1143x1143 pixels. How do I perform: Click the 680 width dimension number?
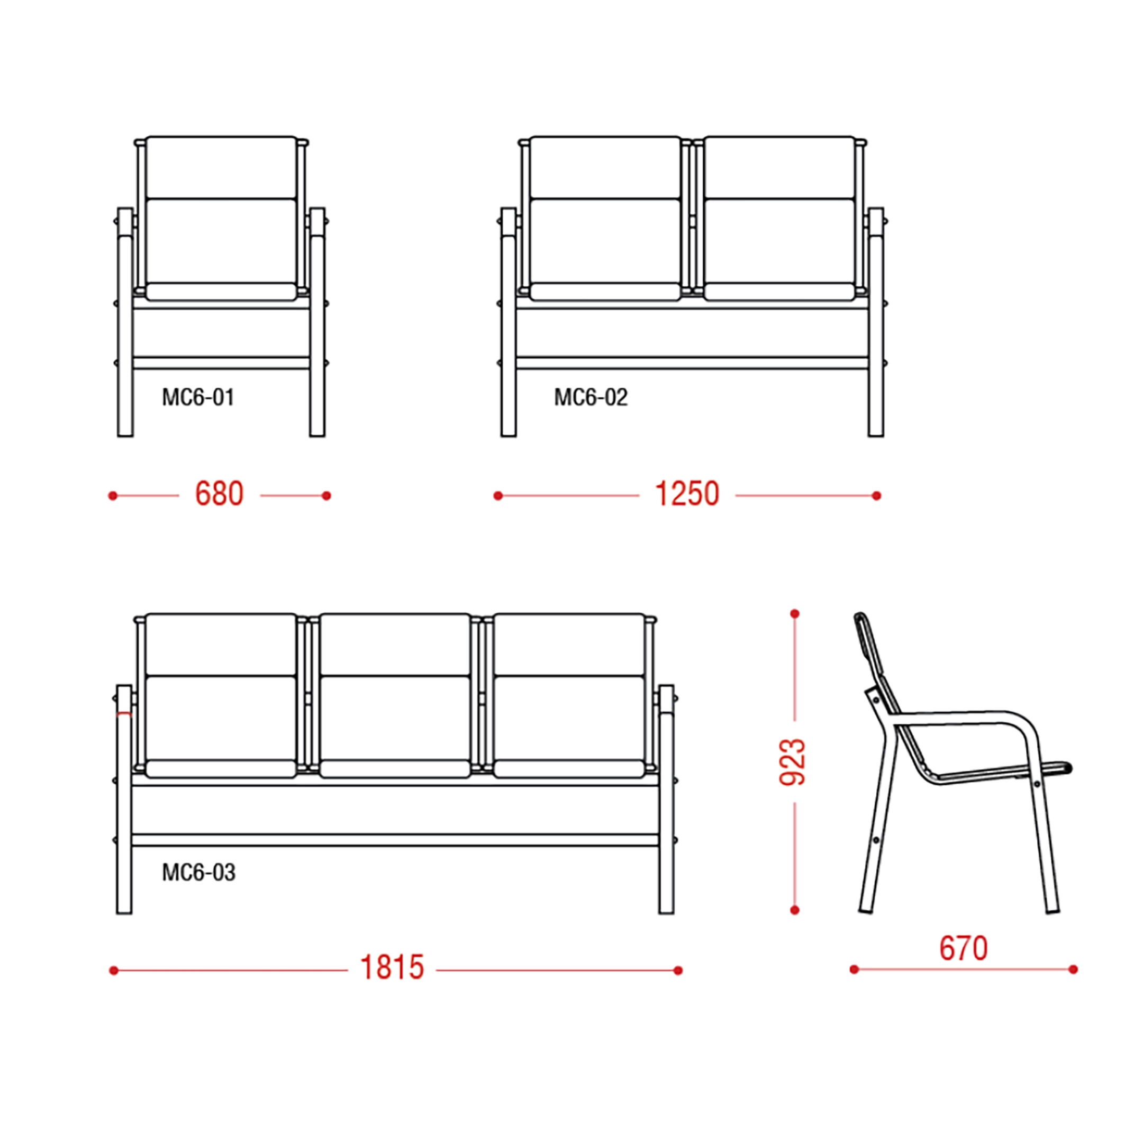220,494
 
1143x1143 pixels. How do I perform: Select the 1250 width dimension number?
687,494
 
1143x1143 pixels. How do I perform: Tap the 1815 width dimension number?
392,968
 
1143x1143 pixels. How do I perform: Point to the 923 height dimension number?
793,761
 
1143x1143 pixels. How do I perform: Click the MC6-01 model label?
198,397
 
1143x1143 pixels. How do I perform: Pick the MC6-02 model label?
591,397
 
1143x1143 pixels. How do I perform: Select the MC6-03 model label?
199,872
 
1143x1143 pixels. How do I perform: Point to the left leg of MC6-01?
125,322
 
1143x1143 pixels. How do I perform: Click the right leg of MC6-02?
876,322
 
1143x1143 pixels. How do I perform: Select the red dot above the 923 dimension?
794,614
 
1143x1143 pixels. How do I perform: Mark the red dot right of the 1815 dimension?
678,970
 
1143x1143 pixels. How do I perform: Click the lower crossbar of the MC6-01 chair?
221,362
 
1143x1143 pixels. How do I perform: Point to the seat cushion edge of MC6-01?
221,292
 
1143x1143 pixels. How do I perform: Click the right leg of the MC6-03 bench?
666,800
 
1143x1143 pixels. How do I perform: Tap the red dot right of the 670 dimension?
1073,969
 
